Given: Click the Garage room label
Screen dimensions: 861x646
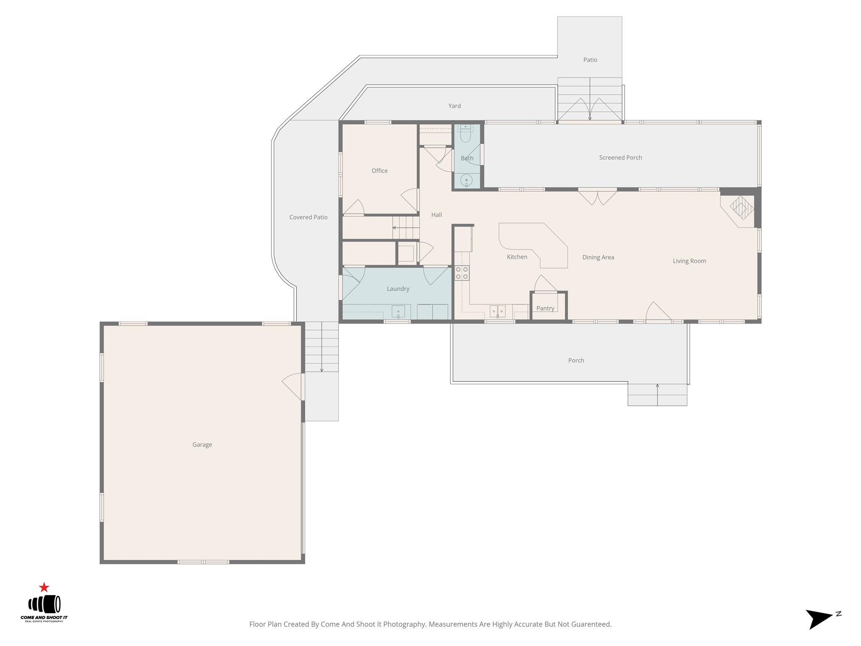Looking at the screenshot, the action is (x=202, y=445).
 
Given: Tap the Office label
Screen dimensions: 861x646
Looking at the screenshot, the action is (x=380, y=171).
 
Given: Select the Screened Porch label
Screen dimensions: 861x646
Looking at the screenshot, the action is (x=621, y=158).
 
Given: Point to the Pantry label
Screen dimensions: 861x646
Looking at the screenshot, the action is (x=545, y=308).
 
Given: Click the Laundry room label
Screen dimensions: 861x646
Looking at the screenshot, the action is (x=398, y=289).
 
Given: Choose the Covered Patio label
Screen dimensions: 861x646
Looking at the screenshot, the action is (x=308, y=217).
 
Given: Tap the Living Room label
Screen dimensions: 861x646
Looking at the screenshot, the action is (x=689, y=261).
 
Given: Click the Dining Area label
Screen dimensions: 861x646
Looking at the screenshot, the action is (x=598, y=257).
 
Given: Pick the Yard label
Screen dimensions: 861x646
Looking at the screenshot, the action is (x=454, y=106).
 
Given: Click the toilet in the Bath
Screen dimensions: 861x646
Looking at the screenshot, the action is (x=466, y=133).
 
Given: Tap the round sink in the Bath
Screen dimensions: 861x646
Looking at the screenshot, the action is (x=466, y=181).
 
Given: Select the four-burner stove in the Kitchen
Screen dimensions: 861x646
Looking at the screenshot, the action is (x=462, y=273).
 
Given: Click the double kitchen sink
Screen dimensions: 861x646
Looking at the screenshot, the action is (x=497, y=312).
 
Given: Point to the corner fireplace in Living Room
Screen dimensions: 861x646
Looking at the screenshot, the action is (x=741, y=208).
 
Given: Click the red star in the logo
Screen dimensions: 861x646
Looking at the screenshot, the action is (x=44, y=588).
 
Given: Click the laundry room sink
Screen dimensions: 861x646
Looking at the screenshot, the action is (x=398, y=312).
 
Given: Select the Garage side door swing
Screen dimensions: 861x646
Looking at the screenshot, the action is (x=292, y=387).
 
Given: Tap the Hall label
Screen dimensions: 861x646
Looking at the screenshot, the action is (x=436, y=215).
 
